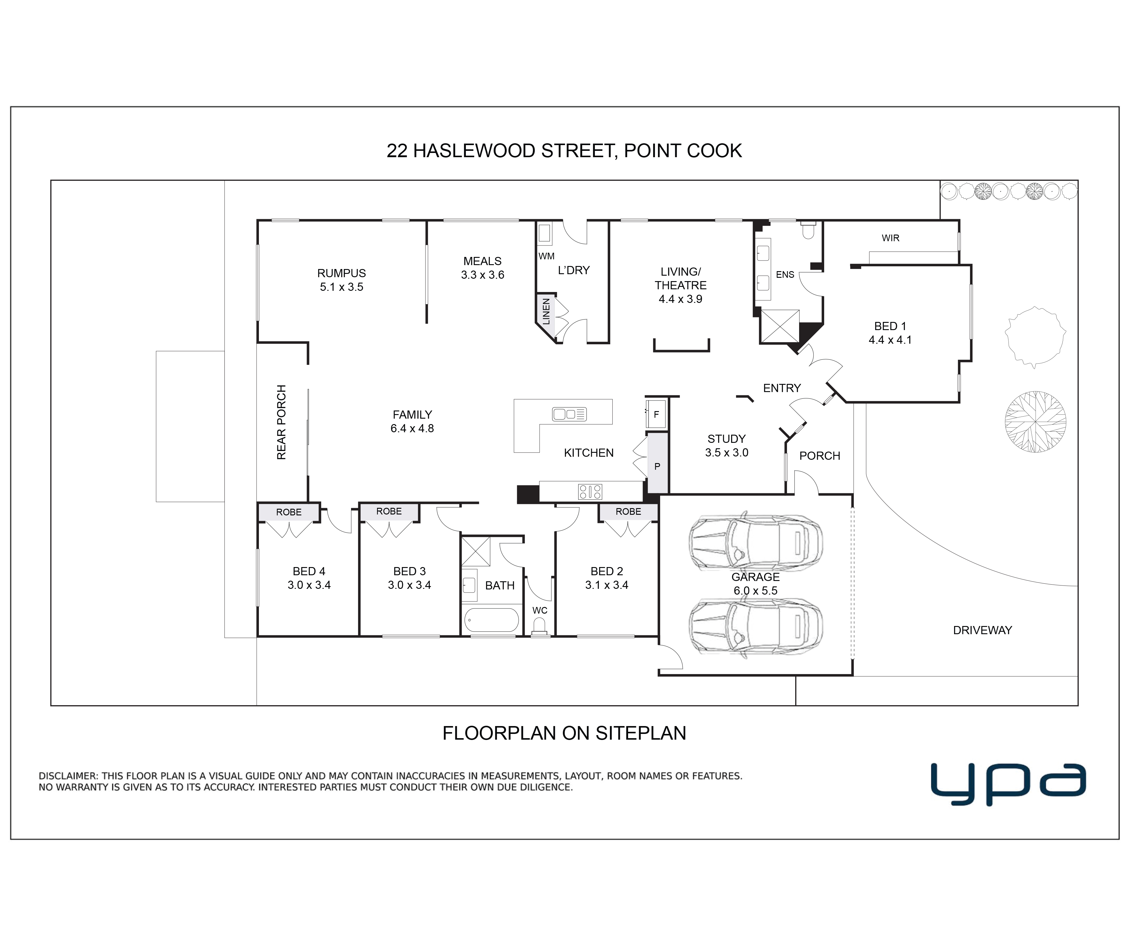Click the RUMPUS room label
341,273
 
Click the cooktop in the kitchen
590,491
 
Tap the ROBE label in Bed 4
289,512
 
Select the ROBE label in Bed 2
628,511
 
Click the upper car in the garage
755,542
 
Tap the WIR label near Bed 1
890,238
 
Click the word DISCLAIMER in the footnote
68,776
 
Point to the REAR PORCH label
281,422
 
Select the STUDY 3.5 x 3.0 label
726,445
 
